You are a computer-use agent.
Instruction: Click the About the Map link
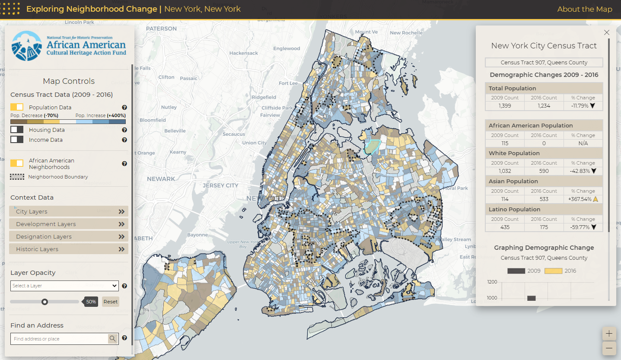coord(584,9)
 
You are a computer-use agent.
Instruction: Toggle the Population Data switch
coord(17,107)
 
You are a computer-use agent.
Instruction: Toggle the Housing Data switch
coord(17,130)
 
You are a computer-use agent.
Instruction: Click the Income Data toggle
coord(17,140)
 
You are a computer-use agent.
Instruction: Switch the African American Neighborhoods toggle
coord(17,163)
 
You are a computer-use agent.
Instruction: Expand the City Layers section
coord(69,211)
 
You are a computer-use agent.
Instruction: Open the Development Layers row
coord(69,224)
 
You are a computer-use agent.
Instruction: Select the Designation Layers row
coord(69,236)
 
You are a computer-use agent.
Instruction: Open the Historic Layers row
coord(69,249)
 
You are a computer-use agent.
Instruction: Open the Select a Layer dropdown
coord(64,286)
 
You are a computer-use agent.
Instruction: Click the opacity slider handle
coord(45,302)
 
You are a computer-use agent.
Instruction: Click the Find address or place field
coord(59,339)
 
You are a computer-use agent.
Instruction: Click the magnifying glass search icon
coord(112,339)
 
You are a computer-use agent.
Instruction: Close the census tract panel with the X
coord(607,32)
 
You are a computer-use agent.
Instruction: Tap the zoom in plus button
coord(609,334)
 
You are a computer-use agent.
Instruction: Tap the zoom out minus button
coord(609,348)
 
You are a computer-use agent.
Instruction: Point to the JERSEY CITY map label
coord(220,185)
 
